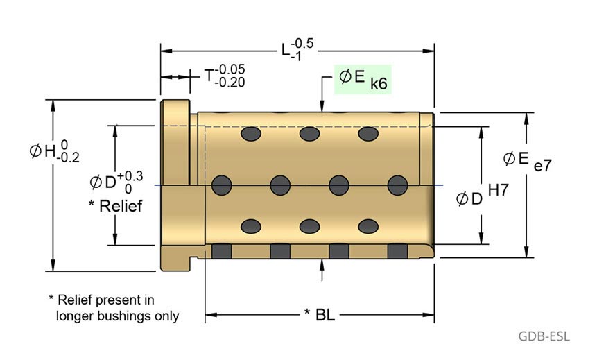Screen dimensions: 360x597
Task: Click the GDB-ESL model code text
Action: click(544, 337)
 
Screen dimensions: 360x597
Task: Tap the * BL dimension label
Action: click(320, 315)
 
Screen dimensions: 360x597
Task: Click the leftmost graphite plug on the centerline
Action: click(222, 185)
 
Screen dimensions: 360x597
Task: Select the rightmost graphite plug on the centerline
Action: click(397, 185)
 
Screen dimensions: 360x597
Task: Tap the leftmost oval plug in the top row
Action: click(250, 132)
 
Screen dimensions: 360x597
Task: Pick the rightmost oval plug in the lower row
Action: click(367, 226)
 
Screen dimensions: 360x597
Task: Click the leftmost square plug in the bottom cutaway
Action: click(221, 250)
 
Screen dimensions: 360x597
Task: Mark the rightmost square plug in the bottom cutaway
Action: click(397, 250)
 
